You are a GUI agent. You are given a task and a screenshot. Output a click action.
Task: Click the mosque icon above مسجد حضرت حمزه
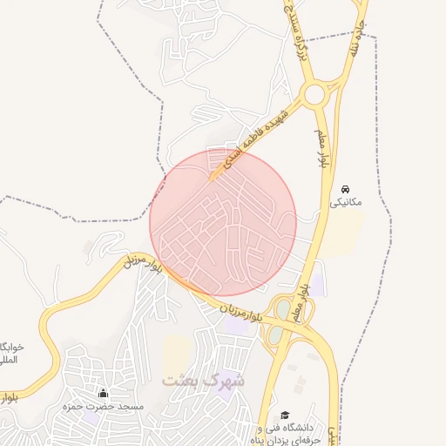click(x=104, y=393)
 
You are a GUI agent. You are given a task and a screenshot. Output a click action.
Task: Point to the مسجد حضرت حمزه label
click(x=103, y=407)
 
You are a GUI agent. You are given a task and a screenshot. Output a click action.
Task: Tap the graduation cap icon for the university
click(x=284, y=416)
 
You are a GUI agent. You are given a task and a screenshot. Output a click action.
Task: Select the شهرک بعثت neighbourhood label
click(x=203, y=382)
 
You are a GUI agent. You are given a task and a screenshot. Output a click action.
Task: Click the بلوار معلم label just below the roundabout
click(x=321, y=147)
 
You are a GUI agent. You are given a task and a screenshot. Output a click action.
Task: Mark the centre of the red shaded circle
click(x=223, y=222)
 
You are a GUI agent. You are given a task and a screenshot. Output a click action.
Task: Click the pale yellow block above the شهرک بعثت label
click(x=177, y=353)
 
